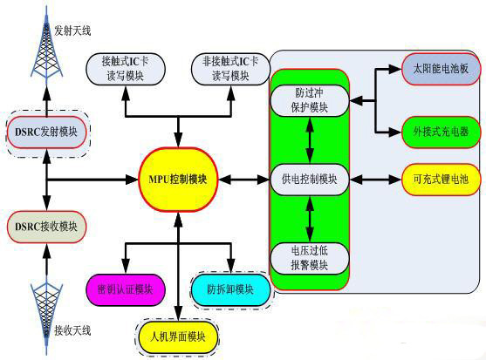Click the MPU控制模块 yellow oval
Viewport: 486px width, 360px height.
(177, 180)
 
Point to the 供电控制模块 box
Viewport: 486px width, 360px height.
(310, 180)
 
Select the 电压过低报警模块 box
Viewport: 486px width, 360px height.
(310, 258)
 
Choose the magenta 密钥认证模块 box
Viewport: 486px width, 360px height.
(125, 289)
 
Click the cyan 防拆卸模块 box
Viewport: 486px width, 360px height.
(231, 289)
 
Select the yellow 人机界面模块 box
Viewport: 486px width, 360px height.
(178, 336)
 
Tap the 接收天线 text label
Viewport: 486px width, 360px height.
(72, 330)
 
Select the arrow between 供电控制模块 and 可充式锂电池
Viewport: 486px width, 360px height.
(375, 180)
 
